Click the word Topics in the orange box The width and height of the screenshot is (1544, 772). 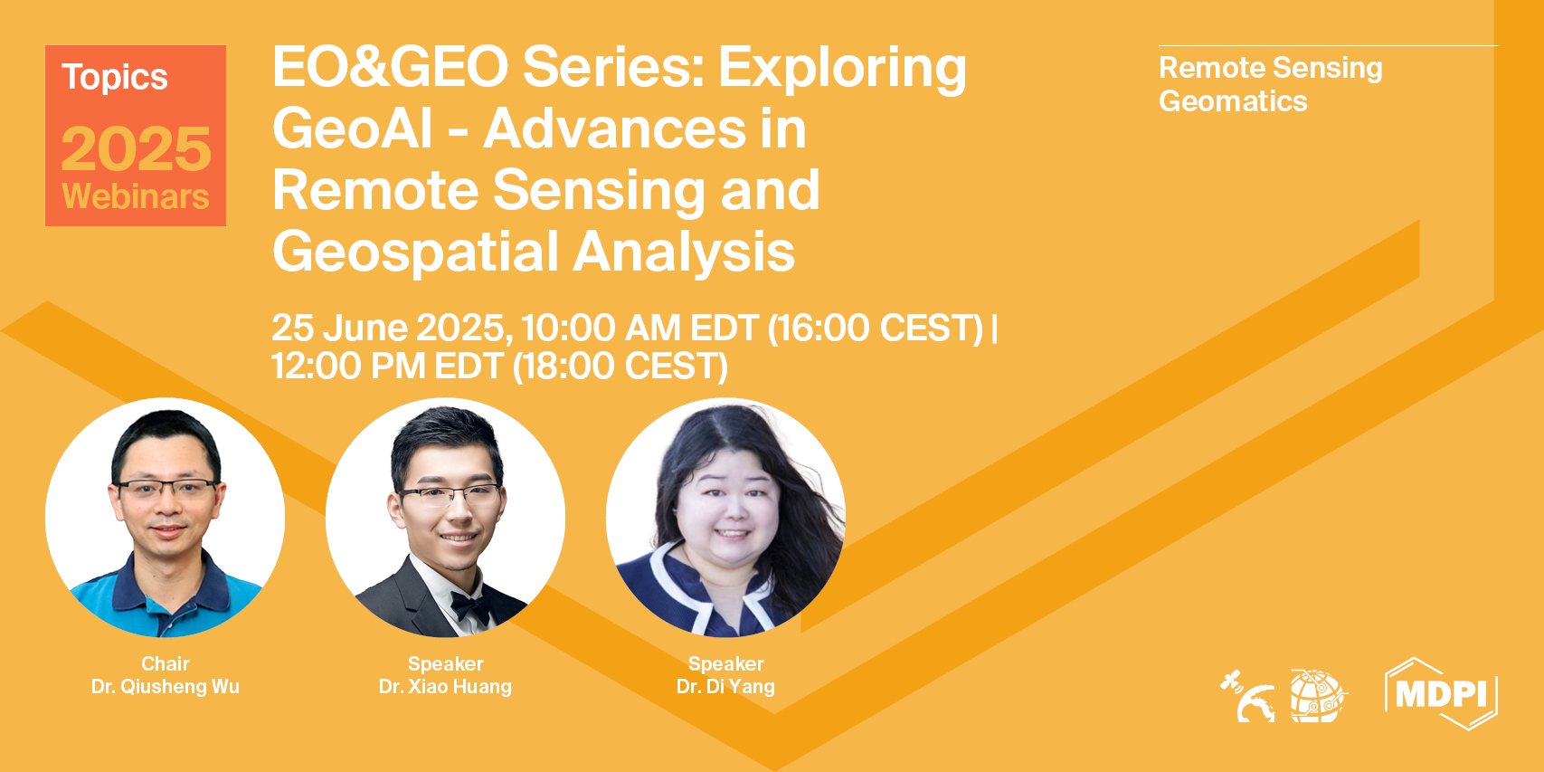point(115,78)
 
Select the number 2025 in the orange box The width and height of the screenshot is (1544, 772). point(136,148)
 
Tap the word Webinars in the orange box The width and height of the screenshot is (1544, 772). point(136,196)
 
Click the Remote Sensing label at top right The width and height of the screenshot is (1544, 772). point(1270,69)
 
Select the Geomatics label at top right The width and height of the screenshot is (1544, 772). point(1233,101)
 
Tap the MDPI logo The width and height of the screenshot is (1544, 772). point(1441,692)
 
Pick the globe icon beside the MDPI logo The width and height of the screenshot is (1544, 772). point(1318,695)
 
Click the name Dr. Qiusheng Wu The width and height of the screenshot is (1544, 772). point(166,687)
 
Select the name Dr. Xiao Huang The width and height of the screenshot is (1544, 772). point(445,687)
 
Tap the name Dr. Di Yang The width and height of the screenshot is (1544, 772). point(725,687)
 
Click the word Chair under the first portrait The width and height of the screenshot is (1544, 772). point(166,663)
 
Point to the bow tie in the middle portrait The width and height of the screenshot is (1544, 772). point(471,605)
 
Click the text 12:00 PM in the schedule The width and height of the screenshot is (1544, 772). point(348,366)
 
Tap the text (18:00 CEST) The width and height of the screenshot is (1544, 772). point(620,367)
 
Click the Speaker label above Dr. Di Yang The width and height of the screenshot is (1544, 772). point(725,663)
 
